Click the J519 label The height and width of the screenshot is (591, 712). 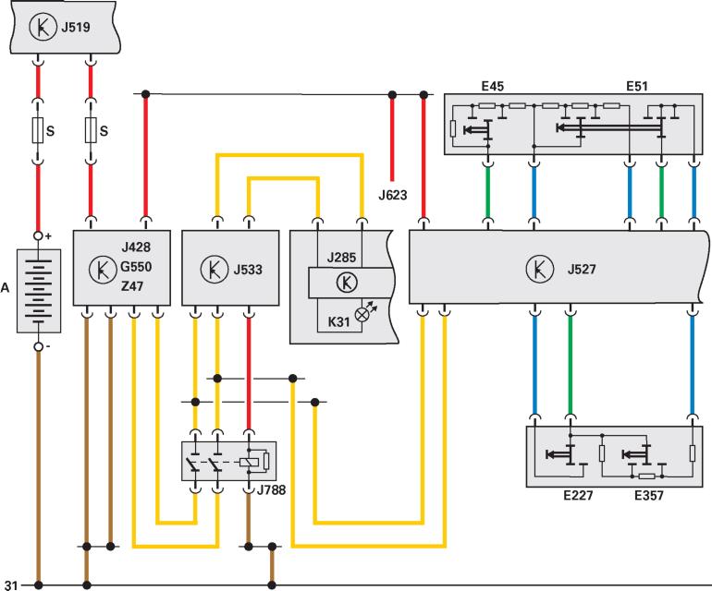click(76, 28)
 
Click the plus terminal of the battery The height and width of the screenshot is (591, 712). click(38, 236)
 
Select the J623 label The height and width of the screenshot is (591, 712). click(393, 195)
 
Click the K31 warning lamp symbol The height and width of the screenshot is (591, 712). click(362, 314)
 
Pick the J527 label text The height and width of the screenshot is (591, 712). click(582, 270)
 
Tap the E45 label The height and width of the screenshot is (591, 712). click(492, 86)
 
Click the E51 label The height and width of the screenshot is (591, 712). click(636, 86)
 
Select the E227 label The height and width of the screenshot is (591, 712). click(576, 495)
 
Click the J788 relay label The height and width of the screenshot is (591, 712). click(271, 489)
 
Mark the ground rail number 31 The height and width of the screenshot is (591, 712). click(11, 585)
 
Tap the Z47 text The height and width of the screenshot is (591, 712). click(133, 288)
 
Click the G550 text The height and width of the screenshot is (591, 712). click(136, 268)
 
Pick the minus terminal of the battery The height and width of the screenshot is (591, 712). click(38, 347)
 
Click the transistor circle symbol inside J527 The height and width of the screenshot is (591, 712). click(537, 270)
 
